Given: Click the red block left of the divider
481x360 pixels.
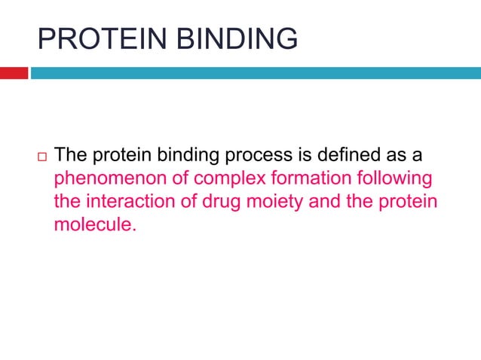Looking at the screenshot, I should (14, 73).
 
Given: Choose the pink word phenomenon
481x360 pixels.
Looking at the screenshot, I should (100, 179).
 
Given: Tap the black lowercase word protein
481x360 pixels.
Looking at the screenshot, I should (122, 156).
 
